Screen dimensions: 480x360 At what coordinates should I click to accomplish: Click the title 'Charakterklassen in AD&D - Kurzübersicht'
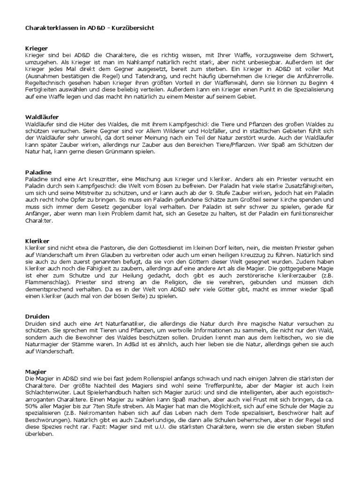point(89,28)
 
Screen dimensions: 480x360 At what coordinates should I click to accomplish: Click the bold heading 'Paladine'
point(38,172)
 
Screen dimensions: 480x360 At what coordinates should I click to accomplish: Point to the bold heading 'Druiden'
point(37,316)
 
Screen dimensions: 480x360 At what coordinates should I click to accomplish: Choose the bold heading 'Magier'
point(36,372)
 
